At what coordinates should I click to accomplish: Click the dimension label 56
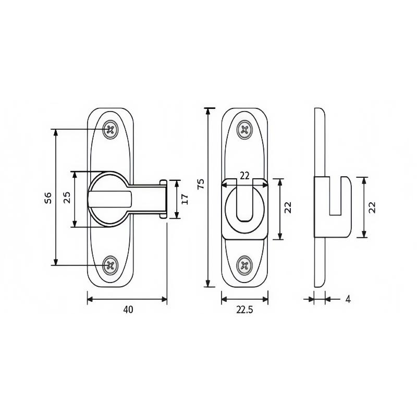click(x=48, y=198)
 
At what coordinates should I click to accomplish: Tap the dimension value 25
click(x=67, y=198)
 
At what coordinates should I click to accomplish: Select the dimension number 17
click(x=185, y=199)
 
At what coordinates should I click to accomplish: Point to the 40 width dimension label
click(x=128, y=310)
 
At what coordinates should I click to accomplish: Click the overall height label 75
click(x=201, y=184)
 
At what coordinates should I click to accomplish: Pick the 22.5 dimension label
click(x=244, y=310)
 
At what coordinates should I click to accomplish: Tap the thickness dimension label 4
click(x=348, y=299)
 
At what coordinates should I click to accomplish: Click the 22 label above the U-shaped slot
click(x=244, y=176)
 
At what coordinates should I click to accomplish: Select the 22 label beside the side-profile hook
click(x=372, y=207)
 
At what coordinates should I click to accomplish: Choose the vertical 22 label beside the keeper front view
click(x=288, y=207)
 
